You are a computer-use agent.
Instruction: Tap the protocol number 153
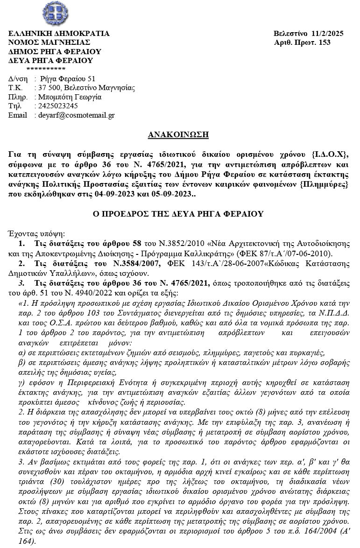click(x=325, y=42)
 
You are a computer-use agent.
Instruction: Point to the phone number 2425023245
click(x=59, y=106)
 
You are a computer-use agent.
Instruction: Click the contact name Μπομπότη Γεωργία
click(x=71, y=97)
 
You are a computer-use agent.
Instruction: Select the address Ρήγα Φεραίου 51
click(x=68, y=78)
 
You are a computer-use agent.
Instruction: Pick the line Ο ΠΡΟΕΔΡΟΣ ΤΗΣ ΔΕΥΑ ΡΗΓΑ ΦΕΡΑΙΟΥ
click(x=179, y=214)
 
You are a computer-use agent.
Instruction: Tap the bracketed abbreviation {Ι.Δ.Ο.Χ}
click(x=330, y=154)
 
